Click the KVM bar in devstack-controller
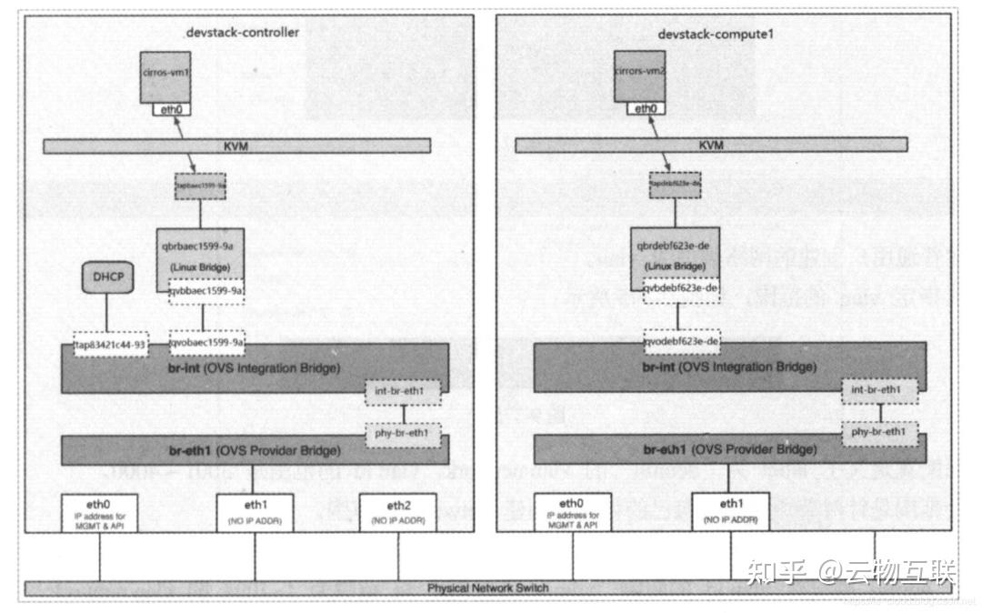235,146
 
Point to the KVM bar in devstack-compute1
711,146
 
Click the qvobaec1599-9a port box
207,343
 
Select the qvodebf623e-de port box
681,342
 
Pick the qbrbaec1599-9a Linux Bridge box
200,253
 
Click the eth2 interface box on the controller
398,513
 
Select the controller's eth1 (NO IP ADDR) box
256,513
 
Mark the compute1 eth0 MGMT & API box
571,513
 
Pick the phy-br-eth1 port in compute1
879,431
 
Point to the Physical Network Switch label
487,588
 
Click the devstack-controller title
242,33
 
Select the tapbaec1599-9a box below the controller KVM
199,186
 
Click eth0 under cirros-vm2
645,108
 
